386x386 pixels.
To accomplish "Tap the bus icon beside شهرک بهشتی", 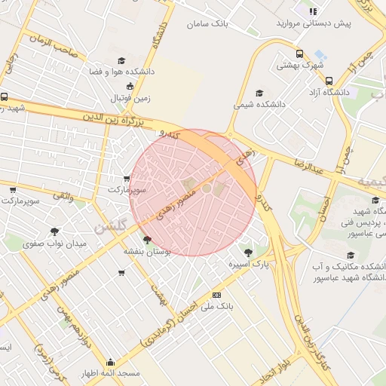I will point(300,54).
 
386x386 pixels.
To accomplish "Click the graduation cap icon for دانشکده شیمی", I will point(259,93).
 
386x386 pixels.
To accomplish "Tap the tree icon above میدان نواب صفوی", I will point(55,231).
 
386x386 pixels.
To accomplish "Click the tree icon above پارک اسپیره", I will point(249,251).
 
